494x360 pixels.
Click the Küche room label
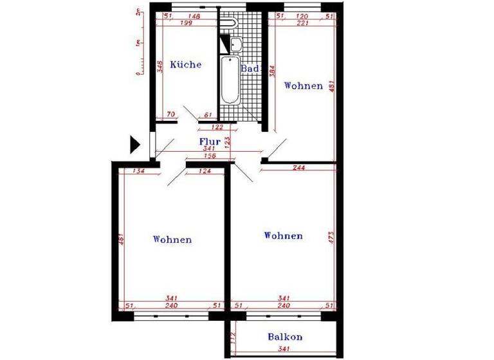coord(186,65)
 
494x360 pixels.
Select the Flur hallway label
coord(210,141)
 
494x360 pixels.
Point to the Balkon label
coord(285,337)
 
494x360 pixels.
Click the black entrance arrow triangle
coord(134,144)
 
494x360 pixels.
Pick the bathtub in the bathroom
coord(230,81)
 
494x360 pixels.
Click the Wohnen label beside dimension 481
coord(303,85)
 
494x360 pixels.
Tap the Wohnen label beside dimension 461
coord(172,240)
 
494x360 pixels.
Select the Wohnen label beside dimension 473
coord(283,236)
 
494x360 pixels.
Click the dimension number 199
coord(187,23)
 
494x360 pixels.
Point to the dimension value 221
coord(303,23)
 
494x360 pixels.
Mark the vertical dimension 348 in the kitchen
coord(159,67)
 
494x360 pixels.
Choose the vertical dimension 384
coord(273,71)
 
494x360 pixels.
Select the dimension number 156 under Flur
coord(209,156)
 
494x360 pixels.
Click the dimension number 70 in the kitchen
coord(170,115)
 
